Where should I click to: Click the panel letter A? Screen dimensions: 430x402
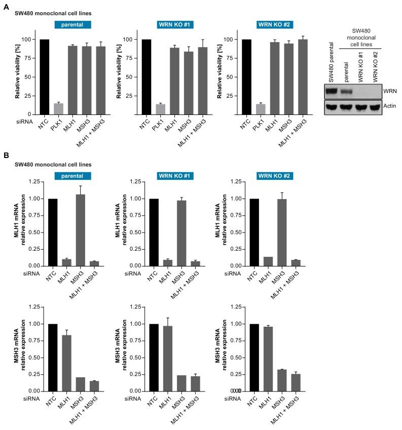click(6, 5)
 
